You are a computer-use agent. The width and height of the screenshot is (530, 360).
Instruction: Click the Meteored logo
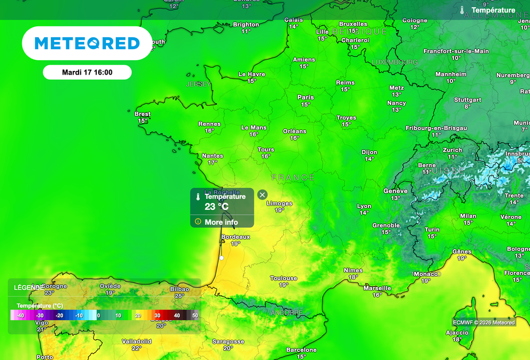coord(87,43)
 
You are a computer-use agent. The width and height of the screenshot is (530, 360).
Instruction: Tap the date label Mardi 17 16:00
coord(87,73)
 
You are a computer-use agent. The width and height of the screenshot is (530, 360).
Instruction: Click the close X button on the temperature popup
coord(262,195)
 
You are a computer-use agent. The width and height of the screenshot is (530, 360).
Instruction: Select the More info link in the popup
coord(221,222)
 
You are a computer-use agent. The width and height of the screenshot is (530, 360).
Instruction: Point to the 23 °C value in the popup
coord(216,207)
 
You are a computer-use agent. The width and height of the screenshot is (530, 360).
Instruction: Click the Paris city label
coord(305,97)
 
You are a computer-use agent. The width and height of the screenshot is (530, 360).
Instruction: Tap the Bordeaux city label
coord(235,237)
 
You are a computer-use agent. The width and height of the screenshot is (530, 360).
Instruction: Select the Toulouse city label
coord(284,278)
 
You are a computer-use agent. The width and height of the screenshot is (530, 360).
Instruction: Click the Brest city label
coord(142,114)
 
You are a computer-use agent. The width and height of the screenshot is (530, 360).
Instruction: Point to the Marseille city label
coord(377,288)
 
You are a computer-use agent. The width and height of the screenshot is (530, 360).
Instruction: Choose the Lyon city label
coord(364,206)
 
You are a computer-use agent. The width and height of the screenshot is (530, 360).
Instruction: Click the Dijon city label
coord(369,152)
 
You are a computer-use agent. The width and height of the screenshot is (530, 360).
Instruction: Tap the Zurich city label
coord(452,150)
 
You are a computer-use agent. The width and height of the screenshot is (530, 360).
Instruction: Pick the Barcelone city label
coord(301,350)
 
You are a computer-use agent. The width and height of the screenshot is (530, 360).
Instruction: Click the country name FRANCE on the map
coord(293,178)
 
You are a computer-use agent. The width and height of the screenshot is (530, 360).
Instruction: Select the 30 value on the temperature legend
coord(157,315)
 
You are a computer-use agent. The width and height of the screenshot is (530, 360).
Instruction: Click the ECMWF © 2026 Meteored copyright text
coord(484,323)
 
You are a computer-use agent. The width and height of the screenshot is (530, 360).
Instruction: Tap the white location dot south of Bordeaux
coord(222,257)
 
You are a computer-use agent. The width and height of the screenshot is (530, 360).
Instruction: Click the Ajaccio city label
coord(457,333)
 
